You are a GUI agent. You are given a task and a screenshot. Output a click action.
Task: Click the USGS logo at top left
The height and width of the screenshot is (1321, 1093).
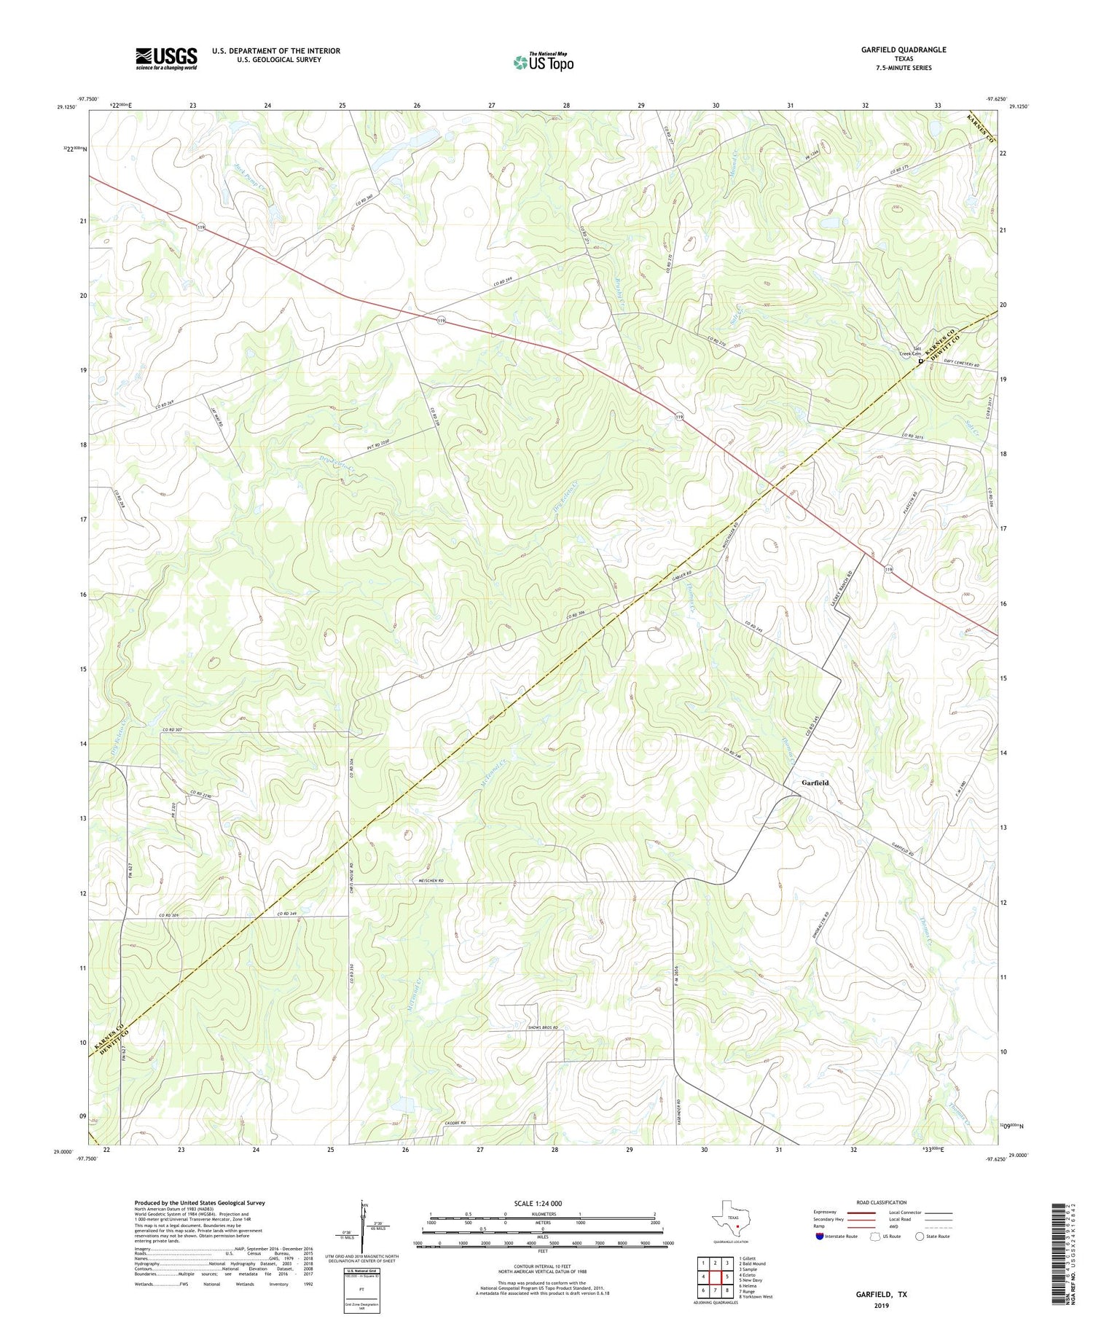coord(166,58)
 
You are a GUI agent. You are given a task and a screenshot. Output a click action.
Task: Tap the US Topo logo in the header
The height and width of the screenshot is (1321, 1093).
coord(544,63)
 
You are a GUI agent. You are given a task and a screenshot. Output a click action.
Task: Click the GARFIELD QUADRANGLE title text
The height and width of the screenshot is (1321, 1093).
coord(904,50)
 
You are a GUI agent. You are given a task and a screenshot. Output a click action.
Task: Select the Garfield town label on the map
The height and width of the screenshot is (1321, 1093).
coord(815,783)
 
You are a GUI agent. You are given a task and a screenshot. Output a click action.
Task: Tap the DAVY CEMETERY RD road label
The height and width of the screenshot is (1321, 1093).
coord(962,362)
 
